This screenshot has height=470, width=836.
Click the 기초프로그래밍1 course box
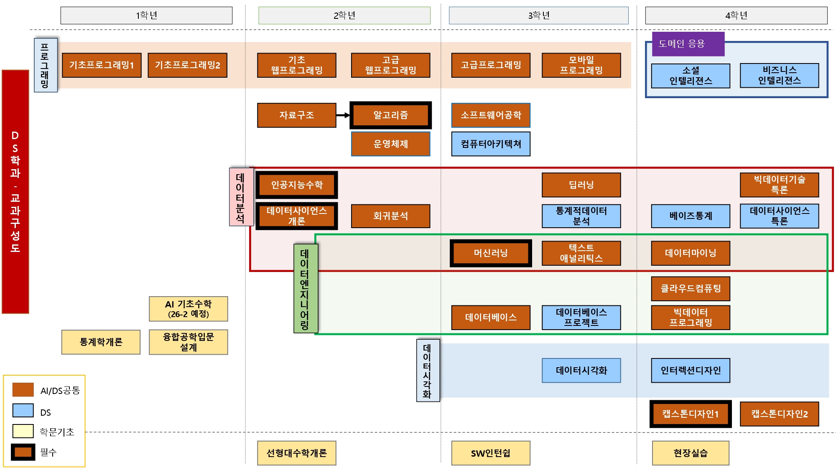coord(102,65)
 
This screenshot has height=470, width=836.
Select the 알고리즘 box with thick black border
coord(390,115)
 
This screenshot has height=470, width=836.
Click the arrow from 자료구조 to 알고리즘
coord(343,115)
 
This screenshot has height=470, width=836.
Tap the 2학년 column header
coord(344,15)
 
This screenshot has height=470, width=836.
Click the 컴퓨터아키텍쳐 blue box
coord(491,144)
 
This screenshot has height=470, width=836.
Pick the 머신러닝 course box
coord(491,253)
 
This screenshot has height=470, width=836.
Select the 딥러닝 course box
coord(581,185)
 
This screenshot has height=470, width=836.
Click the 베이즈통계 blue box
coord(691,216)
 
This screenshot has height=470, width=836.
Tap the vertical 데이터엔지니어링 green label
coord(305,289)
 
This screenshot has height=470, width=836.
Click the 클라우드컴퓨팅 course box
coord(691,289)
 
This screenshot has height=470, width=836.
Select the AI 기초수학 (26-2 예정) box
coord(188,309)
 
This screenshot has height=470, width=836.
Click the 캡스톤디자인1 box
coord(691,414)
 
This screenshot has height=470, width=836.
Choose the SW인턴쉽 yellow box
coord(491,453)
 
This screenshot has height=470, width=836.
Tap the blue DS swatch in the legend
coord(23,410)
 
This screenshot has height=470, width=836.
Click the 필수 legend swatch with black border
coord(23,452)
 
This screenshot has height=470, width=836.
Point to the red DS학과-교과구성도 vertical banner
coord(15,192)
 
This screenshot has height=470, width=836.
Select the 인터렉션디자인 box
coord(691,371)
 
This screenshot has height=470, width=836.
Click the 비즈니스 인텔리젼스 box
coord(779,76)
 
